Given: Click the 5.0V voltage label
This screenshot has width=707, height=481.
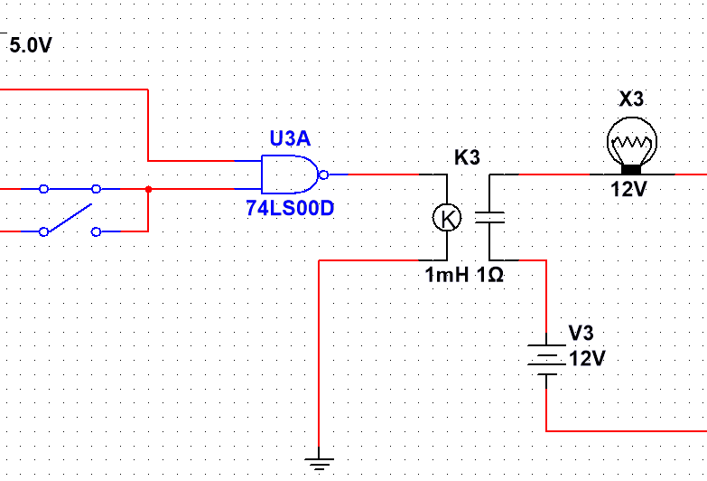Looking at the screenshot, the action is pyautogui.click(x=31, y=45).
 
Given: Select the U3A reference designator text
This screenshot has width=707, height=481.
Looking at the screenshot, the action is pyautogui.click(x=290, y=138).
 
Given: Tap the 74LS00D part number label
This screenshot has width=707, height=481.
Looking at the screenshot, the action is pyautogui.click(x=290, y=208).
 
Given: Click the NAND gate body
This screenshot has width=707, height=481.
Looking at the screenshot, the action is pyautogui.click(x=290, y=174).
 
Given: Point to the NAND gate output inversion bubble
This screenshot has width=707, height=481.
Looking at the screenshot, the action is pyautogui.click(x=323, y=174).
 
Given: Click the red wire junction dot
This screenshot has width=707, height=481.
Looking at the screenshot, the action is pyautogui.click(x=148, y=189).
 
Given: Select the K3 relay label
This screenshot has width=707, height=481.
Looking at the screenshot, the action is pyautogui.click(x=467, y=157).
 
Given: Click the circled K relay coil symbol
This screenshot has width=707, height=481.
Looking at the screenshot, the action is pyautogui.click(x=447, y=218).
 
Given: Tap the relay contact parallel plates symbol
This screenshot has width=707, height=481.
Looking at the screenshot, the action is pyautogui.click(x=489, y=218).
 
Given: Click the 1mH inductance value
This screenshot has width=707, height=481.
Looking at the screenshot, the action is pyautogui.click(x=447, y=275).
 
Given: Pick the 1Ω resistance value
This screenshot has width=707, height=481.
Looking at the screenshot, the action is pyautogui.click(x=490, y=275).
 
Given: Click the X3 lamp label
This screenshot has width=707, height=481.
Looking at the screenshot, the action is pyautogui.click(x=631, y=99).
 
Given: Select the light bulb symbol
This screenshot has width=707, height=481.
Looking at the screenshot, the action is pyautogui.click(x=632, y=146).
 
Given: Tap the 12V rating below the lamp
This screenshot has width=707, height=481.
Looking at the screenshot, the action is pyautogui.click(x=629, y=189).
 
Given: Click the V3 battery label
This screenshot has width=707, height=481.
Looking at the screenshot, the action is pyautogui.click(x=581, y=333).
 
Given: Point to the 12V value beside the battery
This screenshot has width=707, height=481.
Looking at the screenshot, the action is pyautogui.click(x=587, y=359).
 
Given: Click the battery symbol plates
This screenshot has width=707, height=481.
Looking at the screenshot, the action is pyautogui.click(x=546, y=360).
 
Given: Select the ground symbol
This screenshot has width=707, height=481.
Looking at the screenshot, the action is pyautogui.click(x=319, y=464).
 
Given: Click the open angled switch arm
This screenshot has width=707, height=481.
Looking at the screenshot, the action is pyautogui.click(x=70, y=218).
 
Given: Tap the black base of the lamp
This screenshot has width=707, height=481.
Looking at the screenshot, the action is pyautogui.click(x=631, y=169).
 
